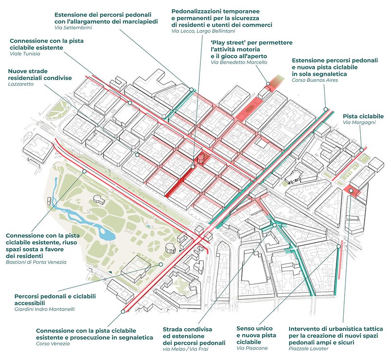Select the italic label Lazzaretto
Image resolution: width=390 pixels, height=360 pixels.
click(20, 85)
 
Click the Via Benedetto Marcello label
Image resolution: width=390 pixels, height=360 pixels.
click(239, 62)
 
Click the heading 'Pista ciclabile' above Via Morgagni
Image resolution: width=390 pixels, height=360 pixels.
click(363, 117)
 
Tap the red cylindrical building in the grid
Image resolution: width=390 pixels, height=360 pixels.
click(201, 158)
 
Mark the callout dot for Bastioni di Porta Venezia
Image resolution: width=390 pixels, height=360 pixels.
click(85, 171)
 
